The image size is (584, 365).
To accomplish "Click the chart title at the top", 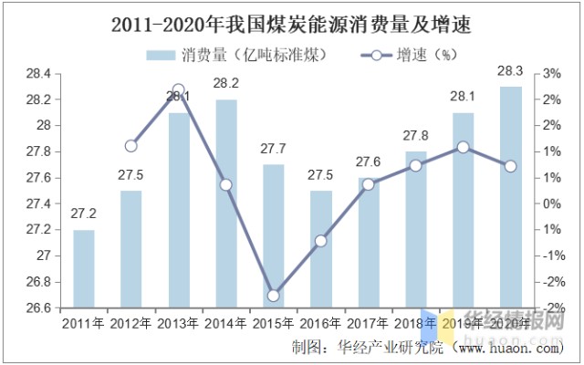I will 291,26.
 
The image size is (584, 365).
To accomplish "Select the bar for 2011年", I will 84,269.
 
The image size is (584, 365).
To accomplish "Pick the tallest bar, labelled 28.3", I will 511,197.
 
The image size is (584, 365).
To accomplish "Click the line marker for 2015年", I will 274,295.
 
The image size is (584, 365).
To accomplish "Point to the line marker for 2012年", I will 130,145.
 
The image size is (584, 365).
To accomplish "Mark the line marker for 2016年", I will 321,241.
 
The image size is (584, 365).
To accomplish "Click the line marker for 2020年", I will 511,166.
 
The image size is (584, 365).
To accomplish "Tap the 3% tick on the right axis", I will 554,73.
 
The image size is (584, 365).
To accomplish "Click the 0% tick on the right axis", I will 554,203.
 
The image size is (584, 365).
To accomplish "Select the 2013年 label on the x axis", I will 179,321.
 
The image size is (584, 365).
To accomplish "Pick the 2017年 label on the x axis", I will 369,321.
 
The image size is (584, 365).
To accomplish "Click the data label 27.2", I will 84,214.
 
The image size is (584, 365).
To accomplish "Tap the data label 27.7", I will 274,149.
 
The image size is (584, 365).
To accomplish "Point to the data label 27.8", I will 416,136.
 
